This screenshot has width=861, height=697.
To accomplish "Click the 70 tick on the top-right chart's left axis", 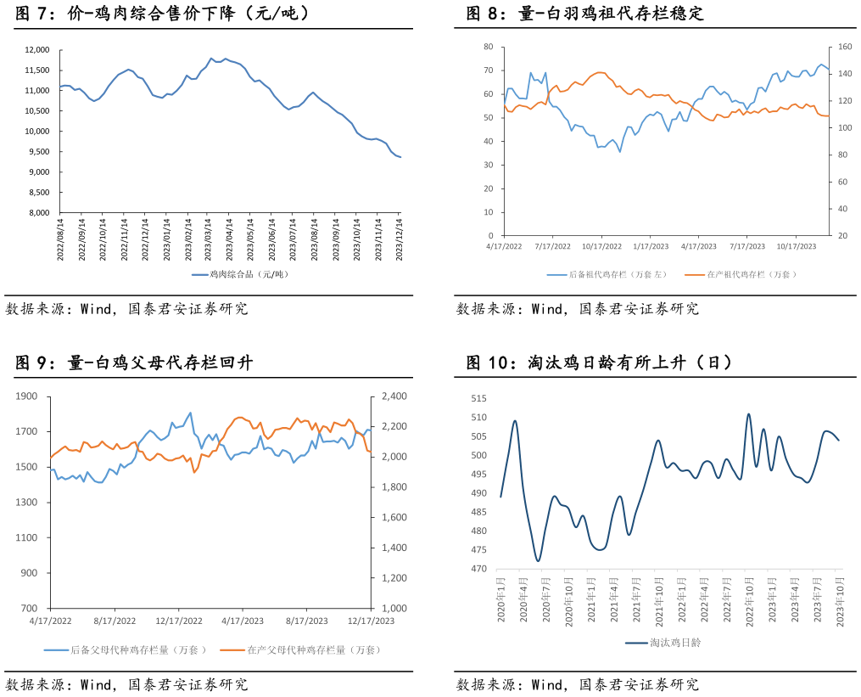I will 489,70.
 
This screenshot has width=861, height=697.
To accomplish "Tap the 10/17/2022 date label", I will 601,247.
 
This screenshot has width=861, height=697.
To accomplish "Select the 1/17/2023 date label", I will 649,247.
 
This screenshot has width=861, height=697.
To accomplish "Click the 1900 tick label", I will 26,396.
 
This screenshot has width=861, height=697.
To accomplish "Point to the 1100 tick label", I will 26,538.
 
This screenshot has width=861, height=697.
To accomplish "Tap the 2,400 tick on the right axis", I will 394,396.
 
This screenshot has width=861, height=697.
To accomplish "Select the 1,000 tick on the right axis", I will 394,609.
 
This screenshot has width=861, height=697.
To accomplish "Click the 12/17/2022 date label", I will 178,621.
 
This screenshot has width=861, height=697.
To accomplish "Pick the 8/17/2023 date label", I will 306,621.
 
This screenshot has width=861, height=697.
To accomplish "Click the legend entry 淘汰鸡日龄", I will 675,643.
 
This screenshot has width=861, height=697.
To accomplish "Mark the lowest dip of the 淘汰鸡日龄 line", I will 537,561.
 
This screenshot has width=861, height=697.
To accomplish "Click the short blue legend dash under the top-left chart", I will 199,275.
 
